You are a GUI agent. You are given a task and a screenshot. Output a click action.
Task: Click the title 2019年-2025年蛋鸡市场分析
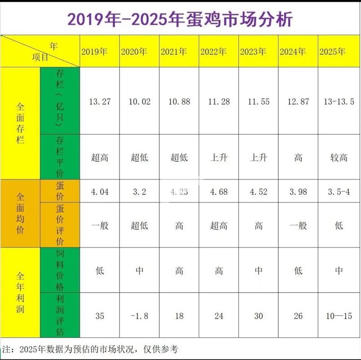click(180, 19)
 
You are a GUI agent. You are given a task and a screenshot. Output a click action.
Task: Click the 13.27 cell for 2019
click(100, 101)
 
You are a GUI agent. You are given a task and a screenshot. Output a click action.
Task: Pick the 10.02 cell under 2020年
click(139, 101)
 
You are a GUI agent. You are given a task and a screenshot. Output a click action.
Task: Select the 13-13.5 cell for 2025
click(339, 101)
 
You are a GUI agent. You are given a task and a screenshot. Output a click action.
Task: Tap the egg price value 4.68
click(219, 192)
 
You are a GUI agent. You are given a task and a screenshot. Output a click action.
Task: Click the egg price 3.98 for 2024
click(298, 192)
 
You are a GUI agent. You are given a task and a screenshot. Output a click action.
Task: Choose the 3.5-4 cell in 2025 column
click(339, 192)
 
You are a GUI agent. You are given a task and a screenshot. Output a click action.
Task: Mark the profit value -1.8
click(139, 316)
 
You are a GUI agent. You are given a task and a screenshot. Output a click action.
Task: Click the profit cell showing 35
click(100, 316)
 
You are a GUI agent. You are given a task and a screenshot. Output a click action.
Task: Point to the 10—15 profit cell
click(339, 316)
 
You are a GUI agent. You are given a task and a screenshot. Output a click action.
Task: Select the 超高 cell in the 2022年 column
click(219, 225)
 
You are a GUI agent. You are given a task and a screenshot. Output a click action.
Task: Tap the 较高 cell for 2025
click(339, 157)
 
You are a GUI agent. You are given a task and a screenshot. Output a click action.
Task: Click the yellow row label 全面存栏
click(20, 124)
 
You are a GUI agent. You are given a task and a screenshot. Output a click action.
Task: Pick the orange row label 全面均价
click(20, 214)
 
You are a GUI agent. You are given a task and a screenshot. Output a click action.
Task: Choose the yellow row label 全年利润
click(20, 292)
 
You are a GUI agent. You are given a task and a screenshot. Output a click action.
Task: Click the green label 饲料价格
click(60, 270)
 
